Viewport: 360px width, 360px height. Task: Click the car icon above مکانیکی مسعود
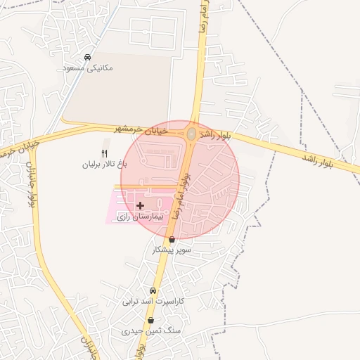[87, 57]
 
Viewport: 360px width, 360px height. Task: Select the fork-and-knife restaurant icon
[105, 153]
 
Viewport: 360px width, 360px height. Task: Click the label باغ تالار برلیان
[105, 164]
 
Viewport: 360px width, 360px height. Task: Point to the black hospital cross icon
[141, 206]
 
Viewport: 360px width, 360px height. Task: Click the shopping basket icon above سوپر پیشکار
[172, 239]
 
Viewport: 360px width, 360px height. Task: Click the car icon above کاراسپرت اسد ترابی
[153, 291]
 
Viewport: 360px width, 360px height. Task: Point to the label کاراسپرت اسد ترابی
[153, 302]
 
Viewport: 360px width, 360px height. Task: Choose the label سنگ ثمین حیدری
[150, 330]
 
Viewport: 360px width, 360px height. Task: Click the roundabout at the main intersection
[191, 134]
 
